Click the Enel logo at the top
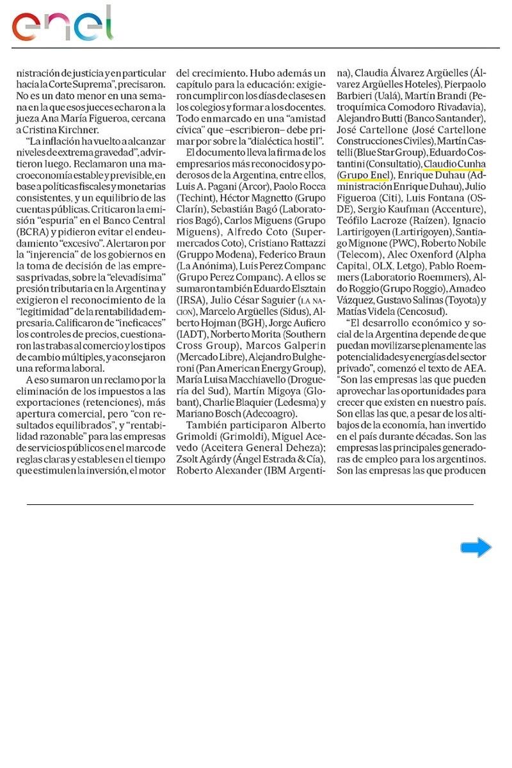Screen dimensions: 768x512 [x=62, y=24]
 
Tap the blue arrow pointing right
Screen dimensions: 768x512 [x=476, y=548]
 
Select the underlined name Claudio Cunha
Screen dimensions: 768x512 [x=454, y=163]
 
